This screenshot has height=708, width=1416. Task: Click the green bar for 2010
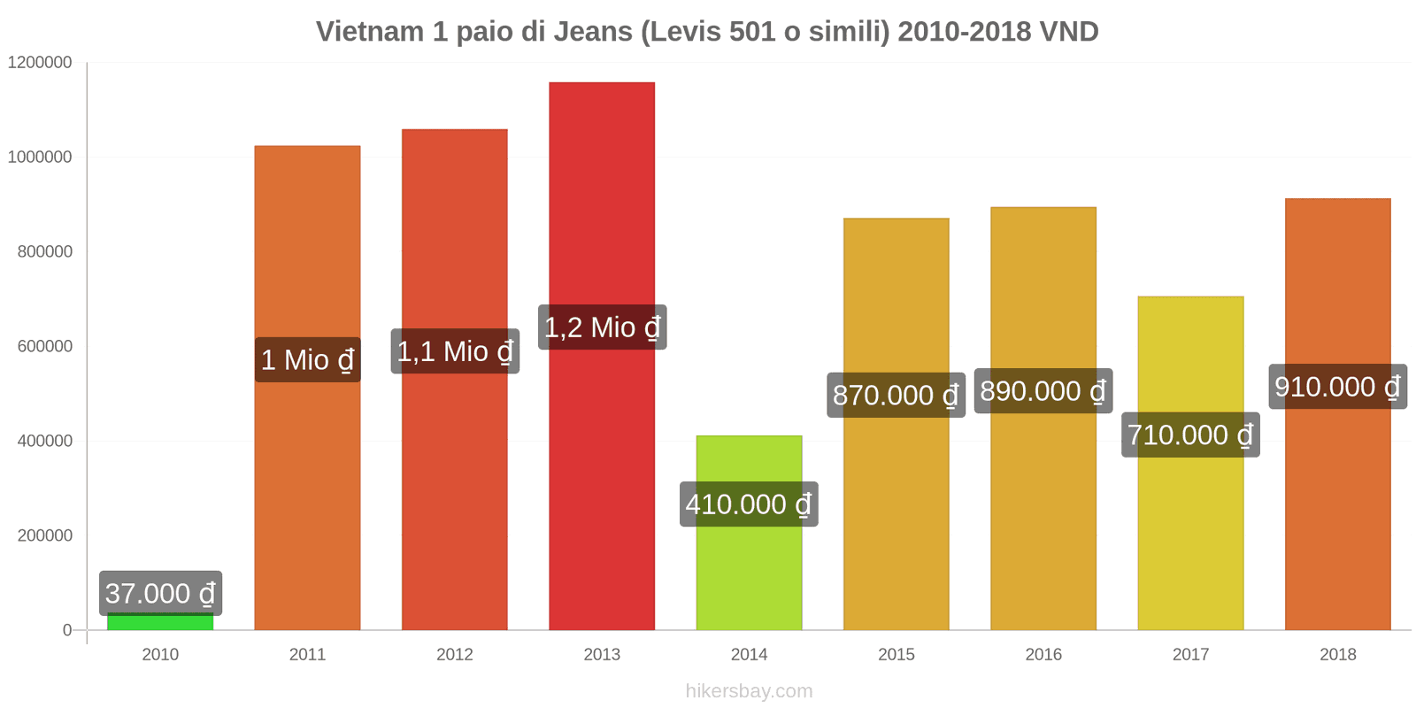coord(160,622)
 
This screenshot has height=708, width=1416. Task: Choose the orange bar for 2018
coord(1337,531)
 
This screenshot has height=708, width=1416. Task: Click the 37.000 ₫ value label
coord(160,593)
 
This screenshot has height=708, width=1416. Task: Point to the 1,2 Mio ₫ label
coord(602,327)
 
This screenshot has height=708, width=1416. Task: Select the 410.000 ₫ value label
coord(749,504)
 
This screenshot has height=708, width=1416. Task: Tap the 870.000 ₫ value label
coord(896,395)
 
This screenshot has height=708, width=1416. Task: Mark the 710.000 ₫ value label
coord(1190,435)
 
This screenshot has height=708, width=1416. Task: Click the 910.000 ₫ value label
coord(1337,387)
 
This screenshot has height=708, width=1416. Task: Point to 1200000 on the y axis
coord(40,63)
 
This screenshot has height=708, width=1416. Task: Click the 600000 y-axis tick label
coord(45,346)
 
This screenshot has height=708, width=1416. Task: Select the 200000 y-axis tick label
coord(45,535)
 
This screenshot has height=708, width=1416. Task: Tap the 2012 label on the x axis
coord(455,654)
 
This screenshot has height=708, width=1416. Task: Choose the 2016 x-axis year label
coord(1043,654)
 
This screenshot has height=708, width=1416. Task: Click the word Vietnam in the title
coord(370,32)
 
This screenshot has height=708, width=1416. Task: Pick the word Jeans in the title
coord(591,32)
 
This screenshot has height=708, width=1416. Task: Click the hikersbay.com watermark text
coord(749,691)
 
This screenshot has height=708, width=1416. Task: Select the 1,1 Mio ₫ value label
coord(455,351)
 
